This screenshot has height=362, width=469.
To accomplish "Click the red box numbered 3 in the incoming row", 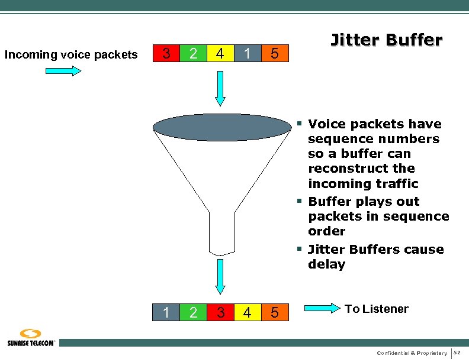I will coord(166,54).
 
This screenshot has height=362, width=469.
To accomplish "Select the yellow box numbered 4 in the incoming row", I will coord(220,54).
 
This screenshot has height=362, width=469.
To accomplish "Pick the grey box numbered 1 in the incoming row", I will coord(247,54).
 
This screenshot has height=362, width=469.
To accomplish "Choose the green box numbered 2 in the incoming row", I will coord(193,54).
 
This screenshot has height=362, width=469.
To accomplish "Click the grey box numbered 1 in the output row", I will coord(166,312).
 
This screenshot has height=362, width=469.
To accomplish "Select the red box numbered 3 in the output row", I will coord(220,312).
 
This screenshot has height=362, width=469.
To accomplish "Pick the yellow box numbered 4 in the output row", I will coord(247,312).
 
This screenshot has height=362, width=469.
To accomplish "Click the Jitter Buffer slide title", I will coord(386,40).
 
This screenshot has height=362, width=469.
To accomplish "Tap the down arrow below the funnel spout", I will coord(220,276).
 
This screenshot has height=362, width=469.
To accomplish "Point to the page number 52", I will coord(457,353).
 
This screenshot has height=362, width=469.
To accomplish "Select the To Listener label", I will coord(377,309).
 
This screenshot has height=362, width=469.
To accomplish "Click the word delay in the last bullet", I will coord(326,264).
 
